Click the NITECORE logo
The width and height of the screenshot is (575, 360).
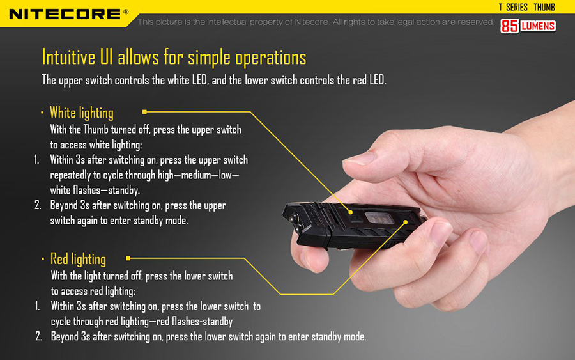(65, 14)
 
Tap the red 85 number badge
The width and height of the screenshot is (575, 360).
(510, 26)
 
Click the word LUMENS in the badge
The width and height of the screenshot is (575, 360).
(538, 26)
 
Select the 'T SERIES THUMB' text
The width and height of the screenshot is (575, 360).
(526, 7)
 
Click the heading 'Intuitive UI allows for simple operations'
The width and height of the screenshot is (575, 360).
(174, 58)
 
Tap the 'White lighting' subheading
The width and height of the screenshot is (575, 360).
(81, 113)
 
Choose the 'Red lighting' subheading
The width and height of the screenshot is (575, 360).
(78, 259)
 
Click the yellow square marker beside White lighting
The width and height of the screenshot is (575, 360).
(144, 112)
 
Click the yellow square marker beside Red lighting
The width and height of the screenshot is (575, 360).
(128, 258)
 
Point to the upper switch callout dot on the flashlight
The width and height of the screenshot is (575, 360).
(351, 212)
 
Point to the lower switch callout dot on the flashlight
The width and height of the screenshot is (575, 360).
(406, 222)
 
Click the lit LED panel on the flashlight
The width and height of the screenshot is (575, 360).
(379, 217)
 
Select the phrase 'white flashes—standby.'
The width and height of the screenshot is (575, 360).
(95, 190)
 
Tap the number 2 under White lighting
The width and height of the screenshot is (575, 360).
(38, 205)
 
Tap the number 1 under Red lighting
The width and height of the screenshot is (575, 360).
(37, 306)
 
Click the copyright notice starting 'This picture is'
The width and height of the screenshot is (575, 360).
(316, 22)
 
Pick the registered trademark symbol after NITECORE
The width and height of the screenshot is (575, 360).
(126, 12)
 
